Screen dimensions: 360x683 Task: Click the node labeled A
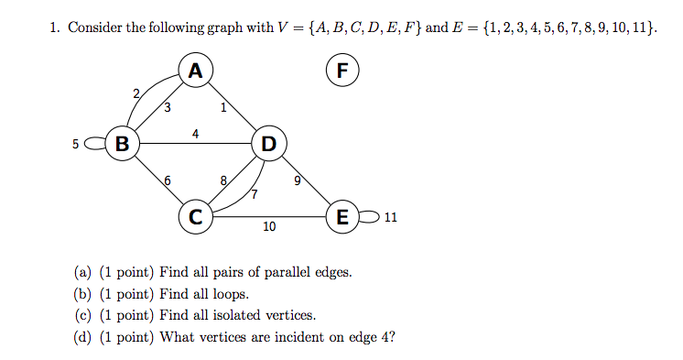click(195, 70)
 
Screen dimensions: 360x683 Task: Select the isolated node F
click(342, 70)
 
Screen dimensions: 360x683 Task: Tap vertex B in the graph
click(122, 143)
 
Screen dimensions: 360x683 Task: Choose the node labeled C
click(195, 217)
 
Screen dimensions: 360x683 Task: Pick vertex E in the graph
click(342, 217)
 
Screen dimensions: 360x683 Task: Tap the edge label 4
click(196, 134)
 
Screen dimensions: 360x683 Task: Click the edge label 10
click(269, 226)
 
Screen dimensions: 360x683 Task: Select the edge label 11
click(391, 218)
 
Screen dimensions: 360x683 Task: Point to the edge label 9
click(297, 180)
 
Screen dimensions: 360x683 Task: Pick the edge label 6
click(166, 180)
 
